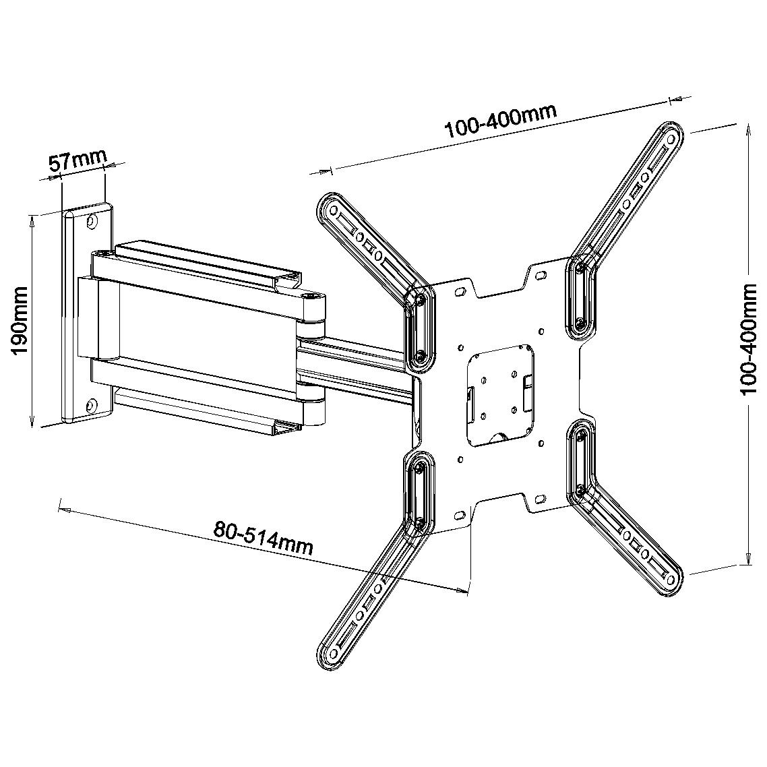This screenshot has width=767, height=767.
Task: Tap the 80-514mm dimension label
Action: (x=264, y=536)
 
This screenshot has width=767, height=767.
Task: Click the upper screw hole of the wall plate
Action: (x=93, y=220)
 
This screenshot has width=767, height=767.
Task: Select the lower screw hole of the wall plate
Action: (x=88, y=406)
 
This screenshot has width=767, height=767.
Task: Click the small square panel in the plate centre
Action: (x=499, y=394)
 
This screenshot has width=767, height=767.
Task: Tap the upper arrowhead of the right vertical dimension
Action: (x=747, y=128)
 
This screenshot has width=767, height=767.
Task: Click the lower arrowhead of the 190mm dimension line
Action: (x=33, y=422)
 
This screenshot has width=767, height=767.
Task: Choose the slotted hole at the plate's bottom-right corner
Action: (x=540, y=499)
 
